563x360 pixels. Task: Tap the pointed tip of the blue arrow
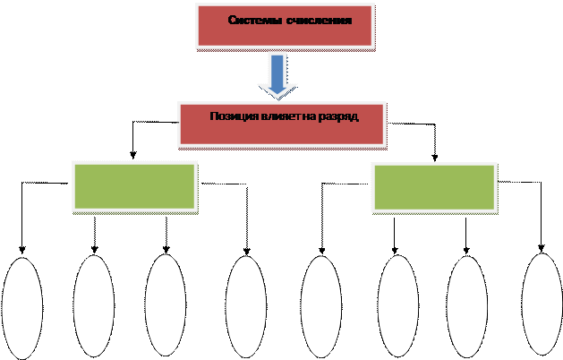(x=278, y=93)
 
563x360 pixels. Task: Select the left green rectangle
(x=133, y=186)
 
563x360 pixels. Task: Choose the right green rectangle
(x=433, y=186)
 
